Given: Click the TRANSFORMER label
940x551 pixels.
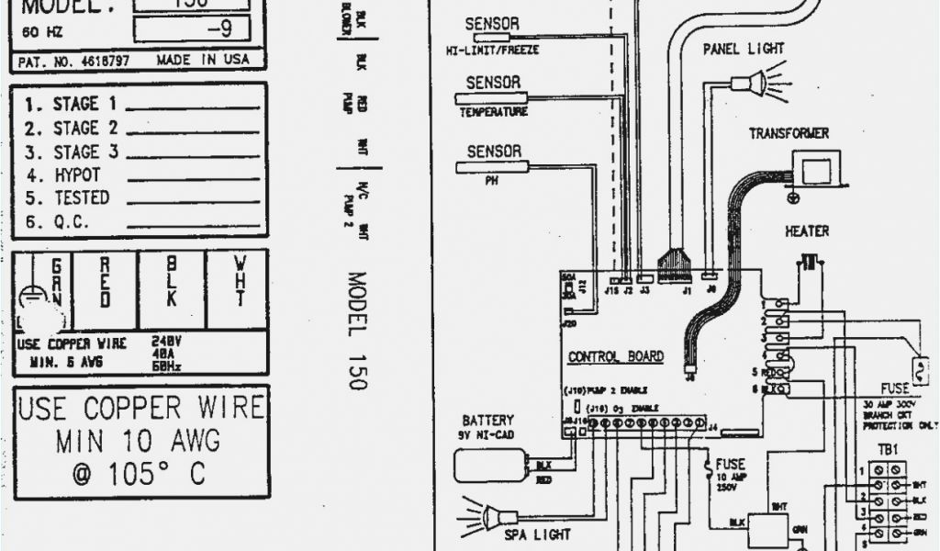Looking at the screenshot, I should coord(788,134).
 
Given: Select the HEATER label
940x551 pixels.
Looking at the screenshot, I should coord(806,231).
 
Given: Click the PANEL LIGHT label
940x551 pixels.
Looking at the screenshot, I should coord(744,50).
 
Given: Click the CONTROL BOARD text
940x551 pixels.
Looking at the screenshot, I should coord(615,357).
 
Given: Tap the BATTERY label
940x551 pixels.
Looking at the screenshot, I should coord(487,421).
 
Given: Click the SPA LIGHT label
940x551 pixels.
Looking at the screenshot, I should coord(538,534).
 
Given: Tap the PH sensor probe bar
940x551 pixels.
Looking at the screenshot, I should coord(492,167).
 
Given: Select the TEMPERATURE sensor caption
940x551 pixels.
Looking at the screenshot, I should coord(493,112).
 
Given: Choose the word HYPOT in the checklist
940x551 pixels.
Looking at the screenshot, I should coord(77,174).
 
